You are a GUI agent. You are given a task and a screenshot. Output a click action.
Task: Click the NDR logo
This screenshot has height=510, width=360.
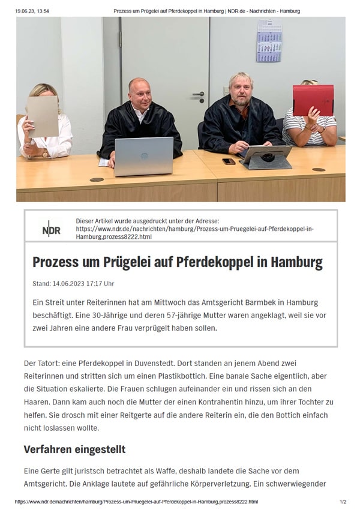pyautogui.click(x=52, y=229)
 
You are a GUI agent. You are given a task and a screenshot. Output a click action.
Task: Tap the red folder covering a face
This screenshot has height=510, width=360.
pyautogui.click(x=313, y=100)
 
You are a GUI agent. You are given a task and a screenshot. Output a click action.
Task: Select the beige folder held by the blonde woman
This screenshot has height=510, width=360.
pyautogui.click(x=43, y=115)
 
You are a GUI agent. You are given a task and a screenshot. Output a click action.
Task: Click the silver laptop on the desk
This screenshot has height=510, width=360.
pyautogui.click(x=143, y=155)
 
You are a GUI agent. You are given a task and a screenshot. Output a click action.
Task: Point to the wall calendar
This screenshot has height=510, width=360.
pyautogui.click(x=269, y=40)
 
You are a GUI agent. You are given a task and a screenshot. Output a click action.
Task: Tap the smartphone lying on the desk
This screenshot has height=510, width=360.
pyautogui.click(x=229, y=161)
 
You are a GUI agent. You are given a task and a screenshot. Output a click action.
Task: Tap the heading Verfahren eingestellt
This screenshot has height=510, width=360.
pyautogui.click(x=74, y=449)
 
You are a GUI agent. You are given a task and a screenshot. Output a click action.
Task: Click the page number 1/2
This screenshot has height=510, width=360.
pyautogui.click(x=343, y=502)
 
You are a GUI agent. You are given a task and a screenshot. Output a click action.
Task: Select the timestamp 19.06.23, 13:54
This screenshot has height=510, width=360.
pyautogui.click(x=32, y=11)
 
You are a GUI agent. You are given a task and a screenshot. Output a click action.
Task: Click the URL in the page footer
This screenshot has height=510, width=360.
pyautogui.click(x=136, y=502)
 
